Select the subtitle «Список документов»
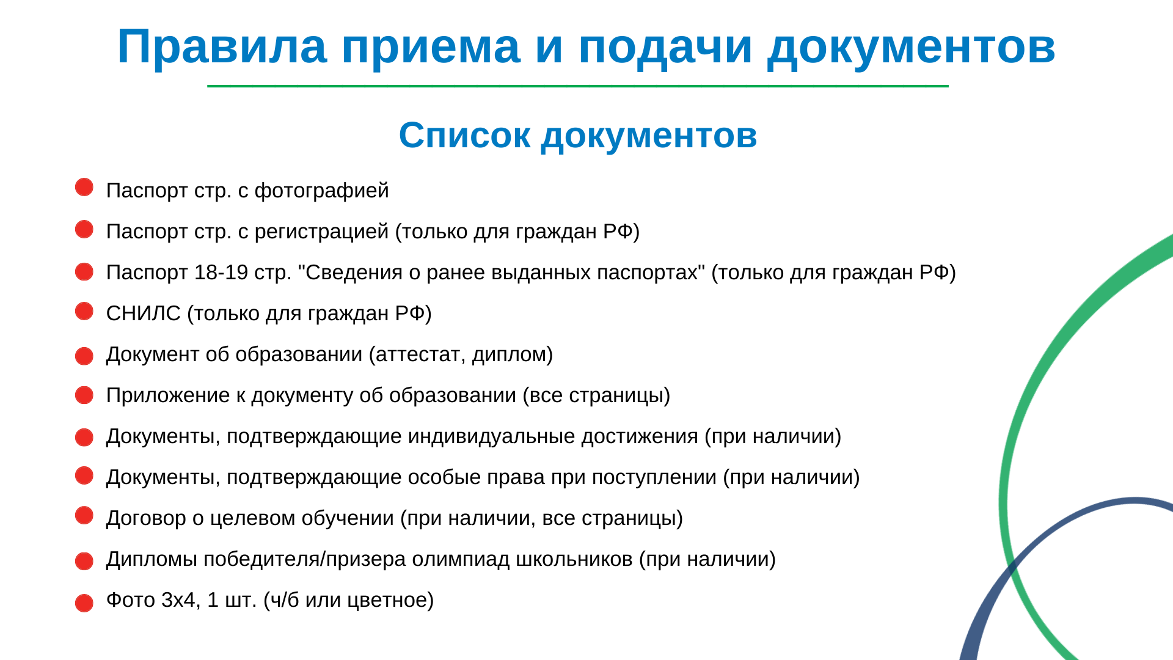[x=578, y=135]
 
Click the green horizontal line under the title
[x=578, y=86]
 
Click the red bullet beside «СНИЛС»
[x=84, y=311]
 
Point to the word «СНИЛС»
[x=144, y=313]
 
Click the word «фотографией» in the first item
[x=321, y=191]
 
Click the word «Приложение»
[x=159, y=396]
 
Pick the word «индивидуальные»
[x=492, y=437]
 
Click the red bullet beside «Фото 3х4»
[x=84, y=603]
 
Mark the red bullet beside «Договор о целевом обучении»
[x=84, y=515]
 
